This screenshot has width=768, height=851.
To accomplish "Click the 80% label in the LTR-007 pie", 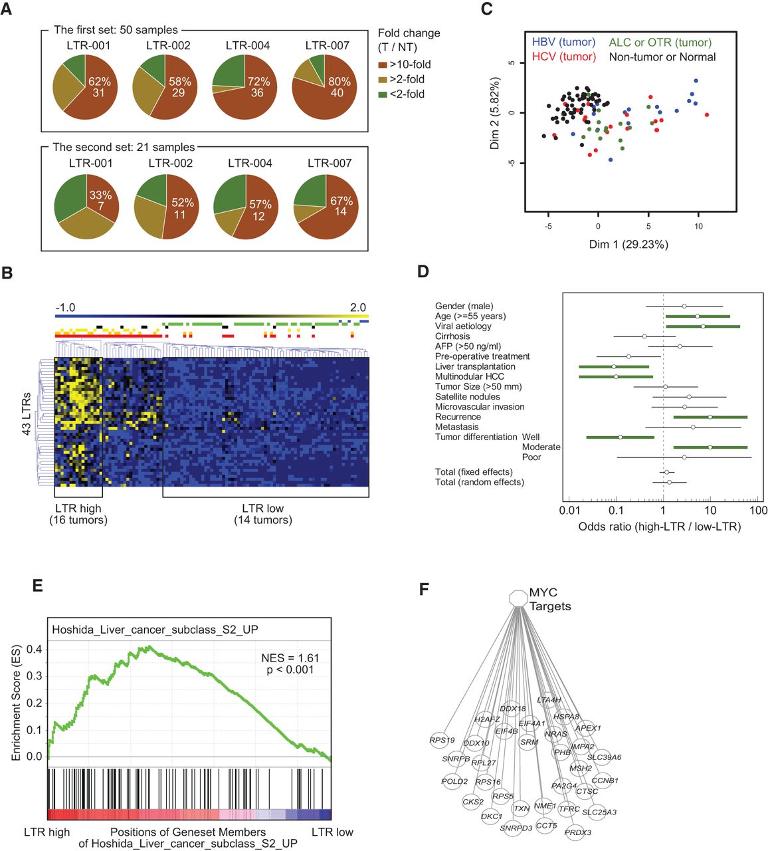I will pyautogui.click(x=337, y=82).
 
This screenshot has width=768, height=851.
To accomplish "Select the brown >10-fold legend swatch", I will pyautogui.click(x=383, y=64).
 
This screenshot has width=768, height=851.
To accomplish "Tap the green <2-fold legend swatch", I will pyautogui.click(x=383, y=94).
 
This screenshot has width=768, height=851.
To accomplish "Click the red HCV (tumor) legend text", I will pyautogui.click(x=564, y=57).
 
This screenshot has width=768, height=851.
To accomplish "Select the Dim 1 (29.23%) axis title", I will pyautogui.click(x=628, y=244).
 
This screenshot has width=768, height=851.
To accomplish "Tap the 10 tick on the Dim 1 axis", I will pyautogui.click(x=699, y=225).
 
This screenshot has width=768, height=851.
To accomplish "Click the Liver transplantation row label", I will pyautogui.click(x=475, y=366).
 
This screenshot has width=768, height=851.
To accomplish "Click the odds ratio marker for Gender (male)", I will pyautogui.click(x=684, y=306).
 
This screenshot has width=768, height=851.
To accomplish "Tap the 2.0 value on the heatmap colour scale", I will pyautogui.click(x=358, y=307).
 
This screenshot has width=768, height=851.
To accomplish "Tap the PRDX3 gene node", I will pyautogui.click(x=577, y=832).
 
